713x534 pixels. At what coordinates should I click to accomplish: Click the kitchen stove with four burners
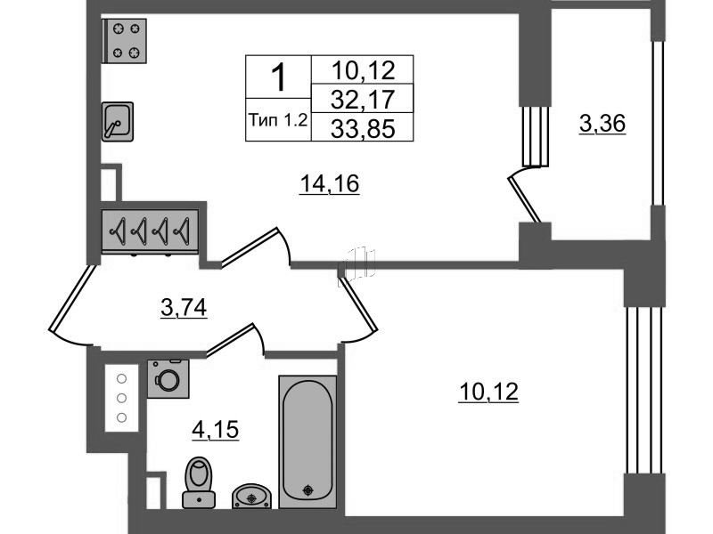pos(124,41)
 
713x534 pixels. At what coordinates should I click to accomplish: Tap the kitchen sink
pos(118,121)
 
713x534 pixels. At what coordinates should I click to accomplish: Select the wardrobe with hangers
pos(150,231)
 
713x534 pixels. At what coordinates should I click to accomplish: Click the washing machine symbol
pos(168,379)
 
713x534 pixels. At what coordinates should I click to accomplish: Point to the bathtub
pos(307,441)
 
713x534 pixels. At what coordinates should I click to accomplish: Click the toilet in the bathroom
pos(199,482)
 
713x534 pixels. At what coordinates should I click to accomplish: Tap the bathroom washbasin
pos(252,496)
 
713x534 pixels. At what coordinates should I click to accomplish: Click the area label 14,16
pos(330,184)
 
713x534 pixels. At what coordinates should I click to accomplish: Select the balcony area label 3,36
pos(602,124)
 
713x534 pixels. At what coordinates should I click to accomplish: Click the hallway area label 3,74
pos(184,308)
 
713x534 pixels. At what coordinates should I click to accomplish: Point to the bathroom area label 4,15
pos(215,430)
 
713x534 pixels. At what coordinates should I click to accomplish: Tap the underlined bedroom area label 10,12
pos(488,392)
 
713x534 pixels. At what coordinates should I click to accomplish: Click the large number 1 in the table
pos(278,77)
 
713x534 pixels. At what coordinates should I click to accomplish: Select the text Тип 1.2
pos(278,120)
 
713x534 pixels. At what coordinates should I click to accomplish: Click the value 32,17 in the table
pos(363,100)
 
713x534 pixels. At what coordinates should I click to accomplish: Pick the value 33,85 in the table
pos(363,128)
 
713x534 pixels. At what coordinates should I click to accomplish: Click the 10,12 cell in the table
pos(363,70)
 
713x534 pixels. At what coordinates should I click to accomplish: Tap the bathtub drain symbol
pos(308,490)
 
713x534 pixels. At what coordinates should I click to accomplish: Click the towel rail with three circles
pos(121,398)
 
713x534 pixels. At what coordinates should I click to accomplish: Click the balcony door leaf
pos(524,199)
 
